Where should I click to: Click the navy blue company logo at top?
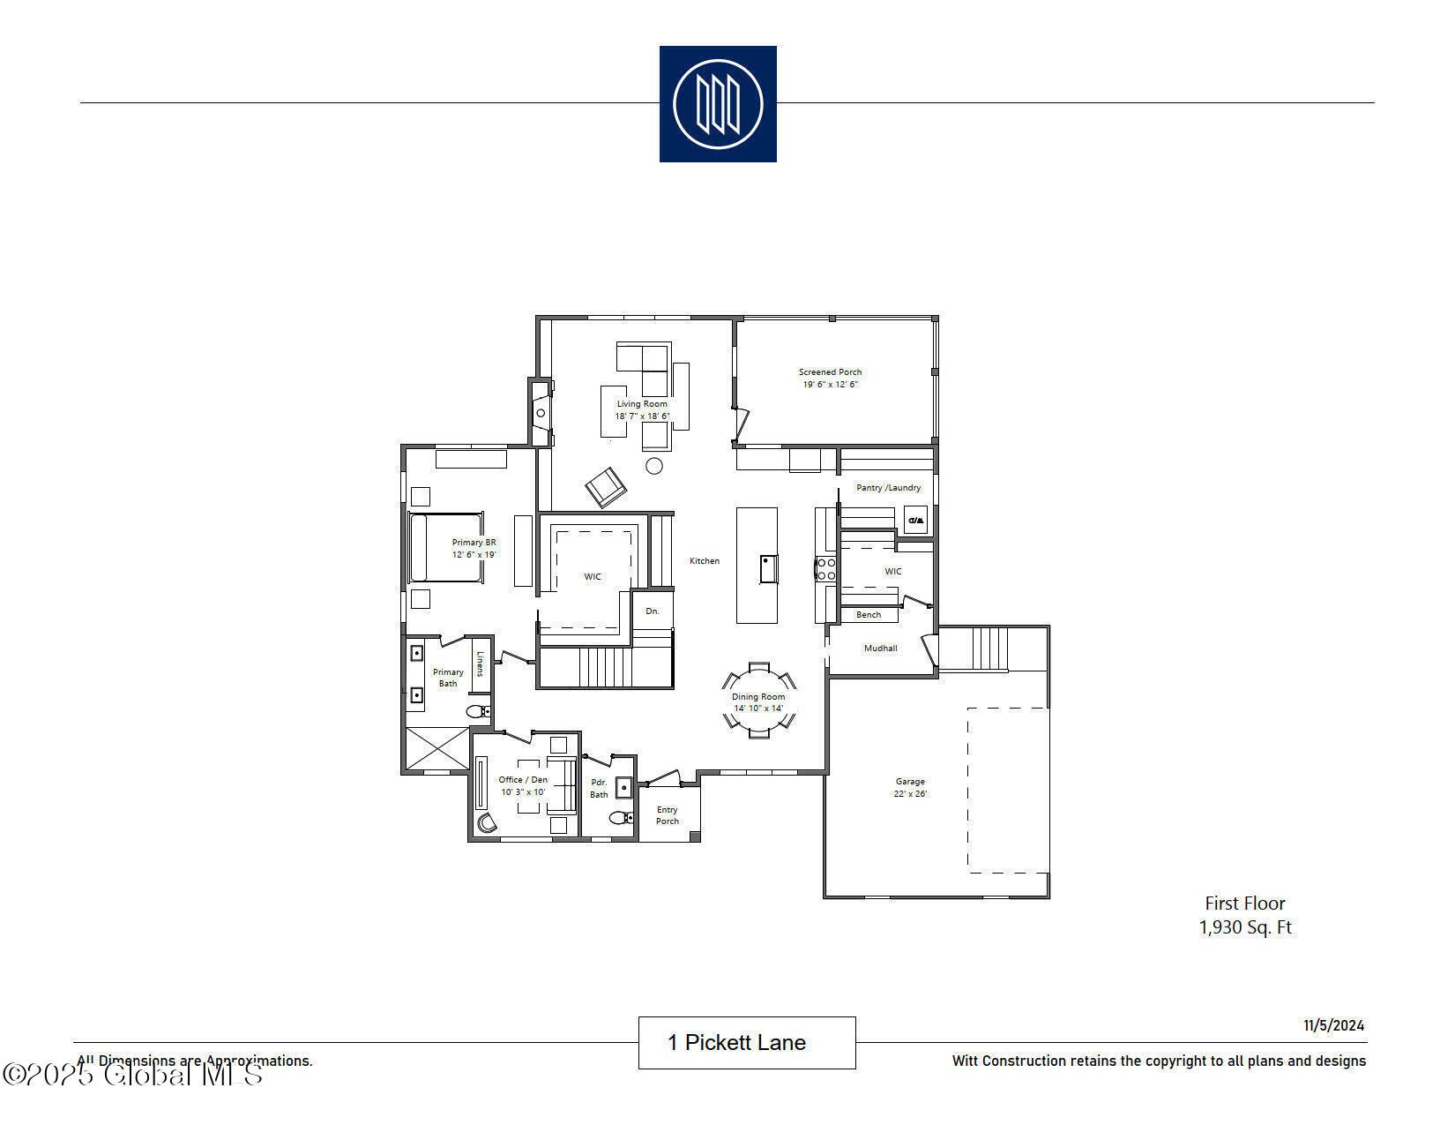pyautogui.click(x=717, y=104)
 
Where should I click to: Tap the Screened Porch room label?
pyautogui.click(x=830, y=372)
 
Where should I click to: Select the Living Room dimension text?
pyautogui.click(x=642, y=416)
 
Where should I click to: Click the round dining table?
pyautogui.click(x=758, y=702)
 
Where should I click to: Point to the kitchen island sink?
pyautogui.click(x=769, y=568)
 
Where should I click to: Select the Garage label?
pyautogui.click(x=910, y=782)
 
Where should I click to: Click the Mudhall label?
pyautogui.click(x=880, y=649)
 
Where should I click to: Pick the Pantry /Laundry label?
pyautogui.click(x=888, y=487)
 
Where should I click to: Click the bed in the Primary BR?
pyautogui.click(x=445, y=548)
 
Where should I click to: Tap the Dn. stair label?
pyautogui.click(x=653, y=611)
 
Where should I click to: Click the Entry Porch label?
pyautogui.click(x=668, y=815)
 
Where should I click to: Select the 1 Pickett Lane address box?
pyautogui.click(x=746, y=1043)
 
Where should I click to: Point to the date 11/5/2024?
pyautogui.click(x=1334, y=1025)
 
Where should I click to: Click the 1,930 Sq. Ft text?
pyautogui.click(x=1245, y=927)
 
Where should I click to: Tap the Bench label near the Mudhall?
pyautogui.click(x=868, y=615)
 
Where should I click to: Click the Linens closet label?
pyautogui.click(x=481, y=664)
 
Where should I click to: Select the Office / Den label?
pyautogui.click(x=523, y=780)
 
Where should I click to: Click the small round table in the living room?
pyautogui.click(x=653, y=466)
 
